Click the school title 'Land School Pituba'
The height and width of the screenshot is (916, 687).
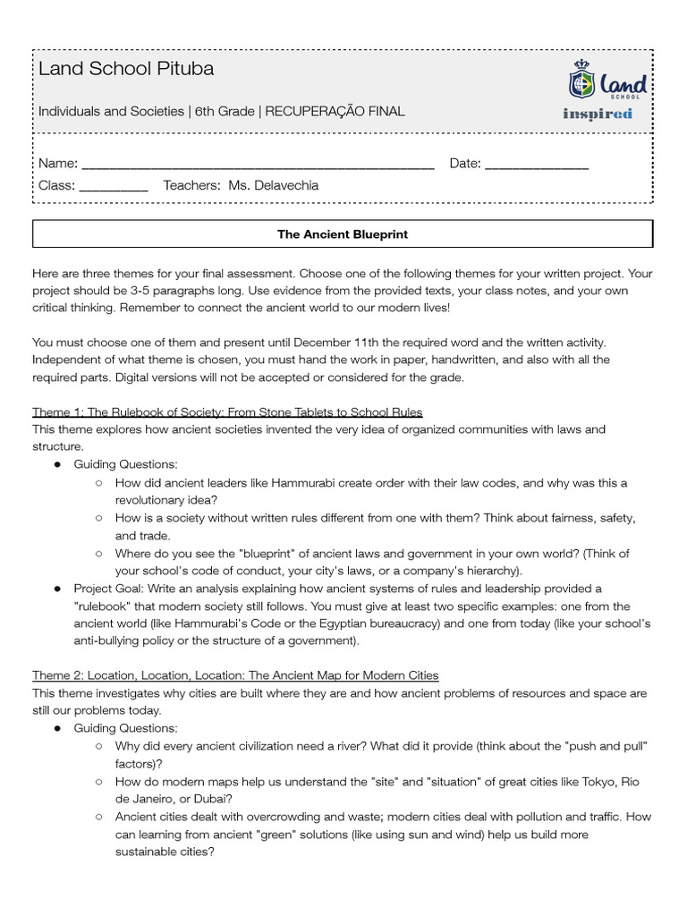point(126,69)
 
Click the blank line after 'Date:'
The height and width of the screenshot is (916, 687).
point(537,165)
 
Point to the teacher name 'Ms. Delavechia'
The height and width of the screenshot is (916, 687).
point(274,185)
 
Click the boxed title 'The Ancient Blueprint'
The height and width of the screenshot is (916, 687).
point(343,234)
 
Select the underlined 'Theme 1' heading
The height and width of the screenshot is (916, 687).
point(227,411)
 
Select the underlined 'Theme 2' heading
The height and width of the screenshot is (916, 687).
point(235,674)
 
